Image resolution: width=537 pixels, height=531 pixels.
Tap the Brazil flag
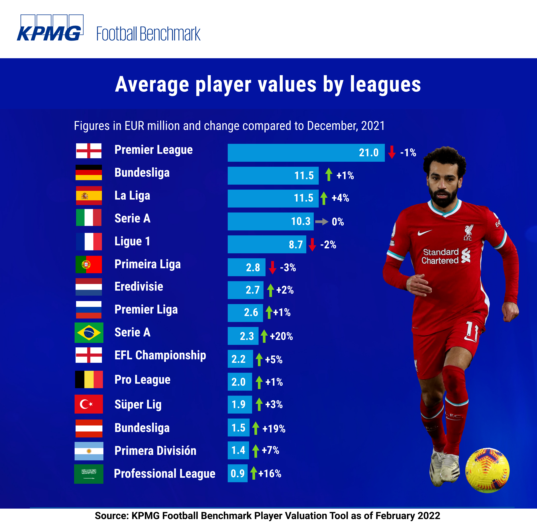point(89,332)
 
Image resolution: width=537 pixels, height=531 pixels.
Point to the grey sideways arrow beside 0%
point(322,222)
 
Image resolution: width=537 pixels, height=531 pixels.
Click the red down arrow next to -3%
point(272,267)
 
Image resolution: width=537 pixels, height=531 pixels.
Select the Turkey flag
point(89,404)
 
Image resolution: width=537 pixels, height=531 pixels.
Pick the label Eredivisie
point(139,286)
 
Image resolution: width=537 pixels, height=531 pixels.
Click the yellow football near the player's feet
point(487,470)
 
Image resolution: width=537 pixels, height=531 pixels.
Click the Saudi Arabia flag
point(89,474)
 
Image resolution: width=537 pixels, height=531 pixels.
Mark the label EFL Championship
point(160,355)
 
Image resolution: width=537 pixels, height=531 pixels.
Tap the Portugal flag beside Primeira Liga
point(89,264)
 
